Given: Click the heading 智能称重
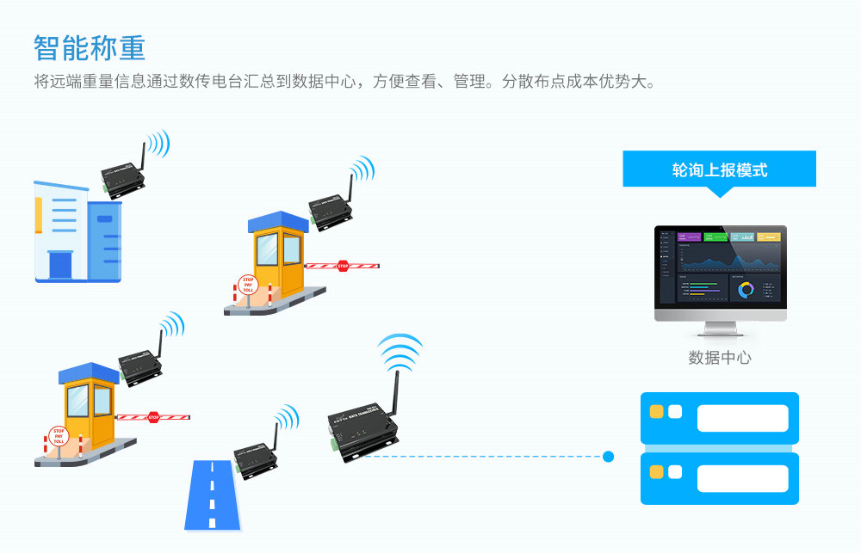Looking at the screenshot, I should pyautogui.click(x=90, y=48).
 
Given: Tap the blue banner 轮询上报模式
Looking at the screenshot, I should pyautogui.click(x=719, y=169).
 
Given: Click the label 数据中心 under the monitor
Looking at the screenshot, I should pyautogui.click(x=720, y=358).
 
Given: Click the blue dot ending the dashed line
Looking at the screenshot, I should pyautogui.click(x=608, y=457).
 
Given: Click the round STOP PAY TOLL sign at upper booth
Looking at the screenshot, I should pyautogui.click(x=248, y=285).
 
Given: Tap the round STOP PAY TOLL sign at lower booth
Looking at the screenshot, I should pyautogui.click(x=59, y=436).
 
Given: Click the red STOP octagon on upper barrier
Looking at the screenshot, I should pyautogui.click(x=343, y=266).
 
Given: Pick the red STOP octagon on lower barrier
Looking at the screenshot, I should pyautogui.click(x=153, y=417).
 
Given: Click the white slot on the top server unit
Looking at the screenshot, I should pyautogui.click(x=742, y=418).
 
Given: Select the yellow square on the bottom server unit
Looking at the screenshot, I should pyautogui.click(x=656, y=472).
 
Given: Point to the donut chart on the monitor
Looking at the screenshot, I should pyautogui.click(x=746, y=290).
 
